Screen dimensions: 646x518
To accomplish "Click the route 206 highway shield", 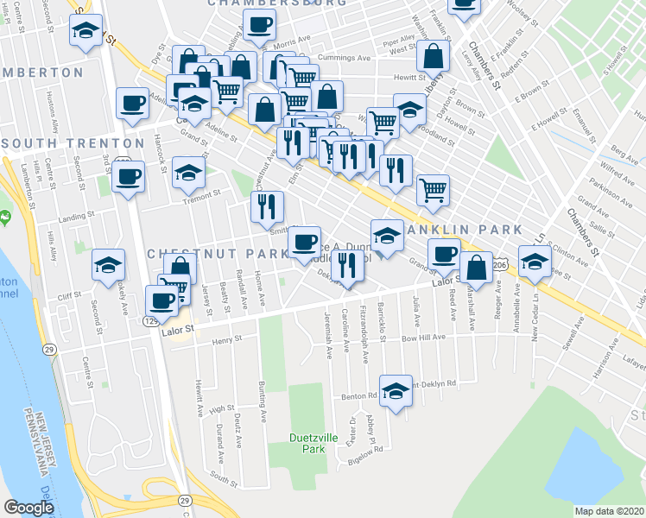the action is tap(500, 265).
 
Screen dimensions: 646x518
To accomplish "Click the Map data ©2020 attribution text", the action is tap(609, 511).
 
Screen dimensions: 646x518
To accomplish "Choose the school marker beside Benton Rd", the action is tap(396, 390).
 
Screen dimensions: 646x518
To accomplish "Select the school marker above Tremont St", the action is tap(188, 171).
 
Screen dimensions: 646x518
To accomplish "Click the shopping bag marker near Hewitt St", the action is tap(434, 56).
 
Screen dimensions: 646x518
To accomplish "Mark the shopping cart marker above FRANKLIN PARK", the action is tap(433, 188).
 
